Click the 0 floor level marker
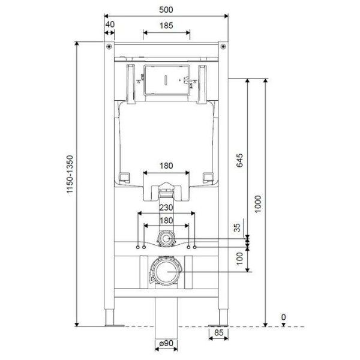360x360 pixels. pos(283,317)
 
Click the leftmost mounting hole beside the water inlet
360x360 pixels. pos(137,247)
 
